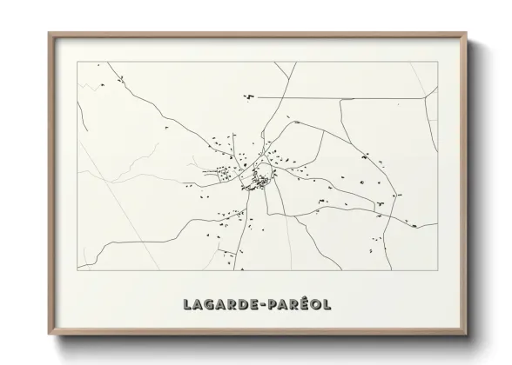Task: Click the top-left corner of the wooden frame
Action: pos(49,33)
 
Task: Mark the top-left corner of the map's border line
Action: pos(77,63)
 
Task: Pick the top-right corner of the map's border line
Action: pos(437,63)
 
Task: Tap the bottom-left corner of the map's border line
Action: pos(77,270)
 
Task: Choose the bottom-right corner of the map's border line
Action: pos(437,270)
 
